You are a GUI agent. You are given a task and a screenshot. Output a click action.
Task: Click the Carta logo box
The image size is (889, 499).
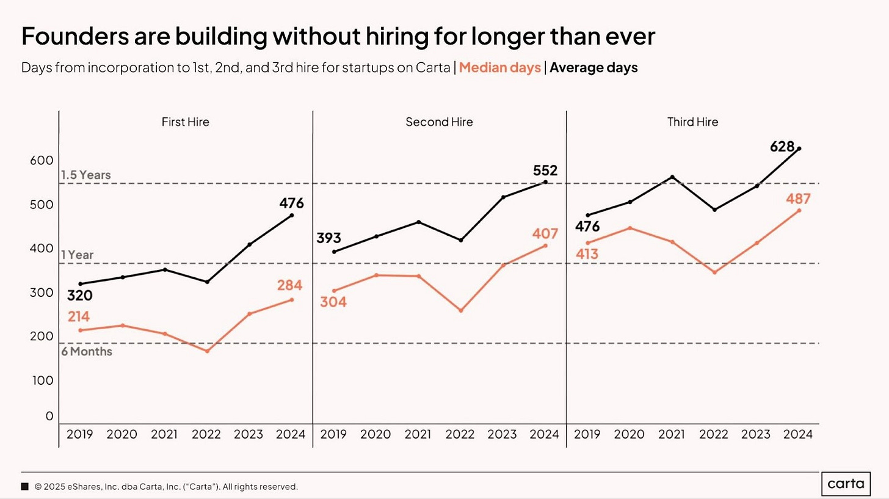pyautogui.click(x=846, y=484)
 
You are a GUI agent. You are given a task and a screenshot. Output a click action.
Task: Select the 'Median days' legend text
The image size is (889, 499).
pyautogui.click(x=499, y=68)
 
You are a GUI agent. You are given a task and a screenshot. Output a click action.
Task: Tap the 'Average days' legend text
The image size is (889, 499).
pyautogui.click(x=593, y=68)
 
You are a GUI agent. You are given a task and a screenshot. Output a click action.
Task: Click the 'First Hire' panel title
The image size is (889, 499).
pyautogui.click(x=185, y=122)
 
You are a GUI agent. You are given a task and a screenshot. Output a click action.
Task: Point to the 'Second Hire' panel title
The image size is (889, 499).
pyautogui.click(x=439, y=122)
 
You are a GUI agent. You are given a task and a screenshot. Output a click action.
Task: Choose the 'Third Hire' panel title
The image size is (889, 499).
pyautogui.click(x=692, y=122)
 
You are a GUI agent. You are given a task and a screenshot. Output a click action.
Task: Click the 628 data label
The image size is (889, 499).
pyautogui.click(x=782, y=147)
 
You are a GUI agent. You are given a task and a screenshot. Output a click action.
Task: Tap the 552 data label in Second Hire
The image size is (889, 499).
pyautogui.click(x=545, y=170)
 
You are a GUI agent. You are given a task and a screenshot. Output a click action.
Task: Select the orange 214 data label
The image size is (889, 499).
pyautogui.click(x=79, y=316)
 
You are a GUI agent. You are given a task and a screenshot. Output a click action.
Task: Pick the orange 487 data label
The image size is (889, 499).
pyautogui.click(x=798, y=199)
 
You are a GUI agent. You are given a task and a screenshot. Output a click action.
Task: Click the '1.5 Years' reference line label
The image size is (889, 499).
pyautogui.click(x=86, y=175)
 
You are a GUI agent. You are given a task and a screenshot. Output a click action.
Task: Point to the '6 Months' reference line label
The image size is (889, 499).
pyautogui.click(x=87, y=352)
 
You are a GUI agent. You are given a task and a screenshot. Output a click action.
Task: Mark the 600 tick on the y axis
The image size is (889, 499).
pyautogui.click(x=42, y=161)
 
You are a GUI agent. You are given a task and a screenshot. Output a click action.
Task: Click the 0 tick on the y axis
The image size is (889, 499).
pyautogui.click(x=49, y=417)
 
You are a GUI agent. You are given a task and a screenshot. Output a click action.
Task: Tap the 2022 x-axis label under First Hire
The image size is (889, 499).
pyautogui.click(x=206, y=435)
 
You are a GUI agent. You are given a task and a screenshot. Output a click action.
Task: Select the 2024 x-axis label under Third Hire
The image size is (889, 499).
pyautogui.click(x=798, y=435)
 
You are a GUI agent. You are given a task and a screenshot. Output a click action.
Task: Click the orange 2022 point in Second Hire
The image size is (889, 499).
pyautogui.click(x=460, y=311)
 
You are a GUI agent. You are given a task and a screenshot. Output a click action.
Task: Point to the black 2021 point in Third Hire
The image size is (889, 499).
pyautogui.click(x=672, y=177)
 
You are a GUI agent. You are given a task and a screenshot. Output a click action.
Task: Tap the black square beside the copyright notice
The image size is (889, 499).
pyautogui.click(x=25, y=487)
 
